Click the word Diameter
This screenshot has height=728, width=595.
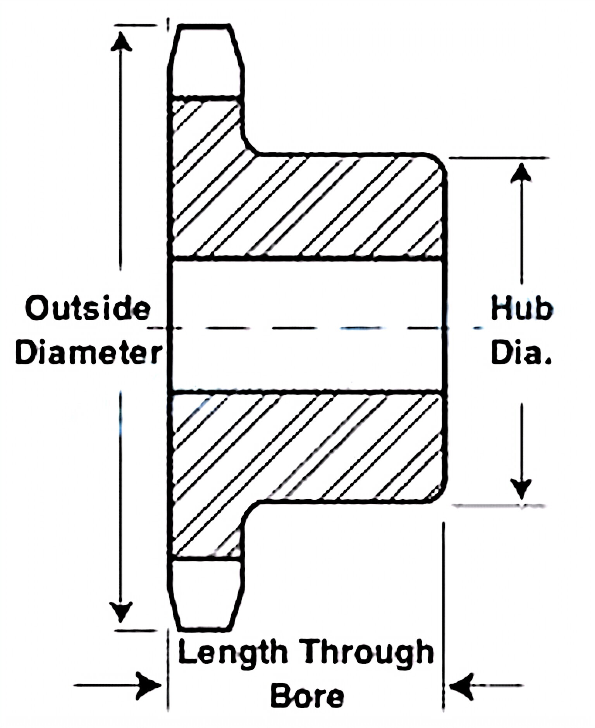pos(89,353)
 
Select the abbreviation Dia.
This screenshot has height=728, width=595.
pos(521,353)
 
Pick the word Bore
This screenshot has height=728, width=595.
pos(307,696)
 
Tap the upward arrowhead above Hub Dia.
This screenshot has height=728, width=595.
pos(521,173)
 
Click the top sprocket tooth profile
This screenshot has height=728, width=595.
pos(205,60)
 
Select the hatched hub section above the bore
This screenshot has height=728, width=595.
pos(310,205)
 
